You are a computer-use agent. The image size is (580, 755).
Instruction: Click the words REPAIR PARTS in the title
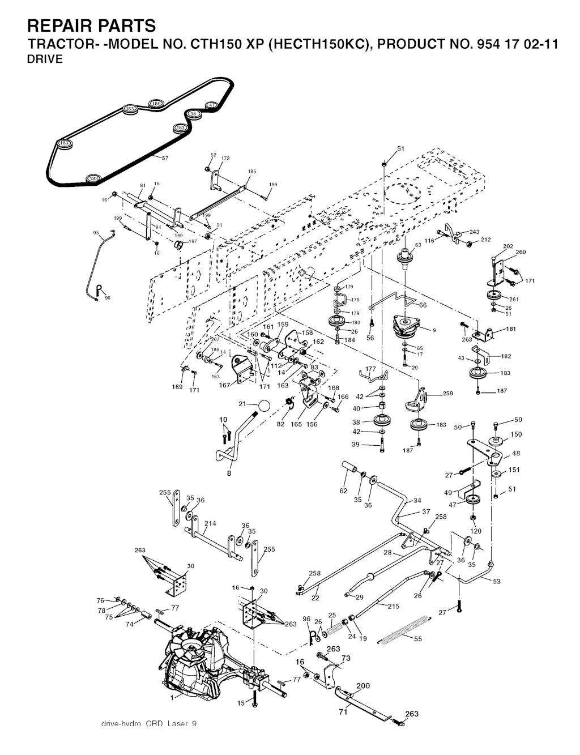tap(91, 25)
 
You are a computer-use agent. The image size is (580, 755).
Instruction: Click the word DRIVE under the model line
tap(45, 60)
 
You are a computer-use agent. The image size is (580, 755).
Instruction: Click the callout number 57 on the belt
tap(165, 158)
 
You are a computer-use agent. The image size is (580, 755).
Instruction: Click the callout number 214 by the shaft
tap(210, 524)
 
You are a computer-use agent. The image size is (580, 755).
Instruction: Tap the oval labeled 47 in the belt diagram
tap(211, 105)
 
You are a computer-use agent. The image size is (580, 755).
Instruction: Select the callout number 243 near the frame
tap(475, 232)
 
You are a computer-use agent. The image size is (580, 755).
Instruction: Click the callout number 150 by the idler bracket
tap(516, 434)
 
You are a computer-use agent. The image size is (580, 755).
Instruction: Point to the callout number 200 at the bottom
tap(362, 685)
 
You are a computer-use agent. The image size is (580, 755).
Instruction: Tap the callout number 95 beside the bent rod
tap(96, 232)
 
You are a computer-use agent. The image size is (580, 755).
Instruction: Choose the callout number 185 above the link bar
tap(252, 171)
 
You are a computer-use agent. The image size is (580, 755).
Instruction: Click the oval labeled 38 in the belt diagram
tap(193, 114)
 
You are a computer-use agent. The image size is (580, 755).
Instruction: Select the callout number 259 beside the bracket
tap(447, 394)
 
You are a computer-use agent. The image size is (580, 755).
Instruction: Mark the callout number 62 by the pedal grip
tap(343, 490)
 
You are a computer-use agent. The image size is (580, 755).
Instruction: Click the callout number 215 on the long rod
tap(394, 606)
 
